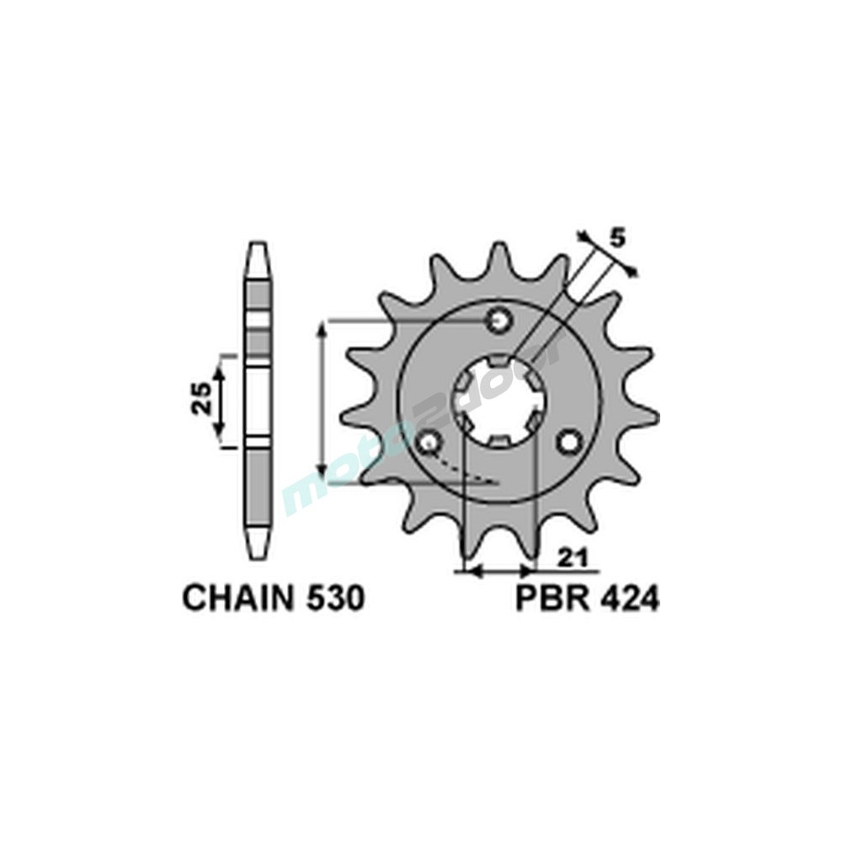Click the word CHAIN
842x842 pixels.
[x=239, y=598]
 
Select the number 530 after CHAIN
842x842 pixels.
[x=336, y=598]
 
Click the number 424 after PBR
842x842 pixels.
[x=626, y=598]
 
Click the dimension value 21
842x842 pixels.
[x=570, y=558]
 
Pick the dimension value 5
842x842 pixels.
[x=618, y=239]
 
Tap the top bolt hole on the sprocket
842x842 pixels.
[x=499, y=321]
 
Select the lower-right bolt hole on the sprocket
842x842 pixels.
[x=569, y=442]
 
